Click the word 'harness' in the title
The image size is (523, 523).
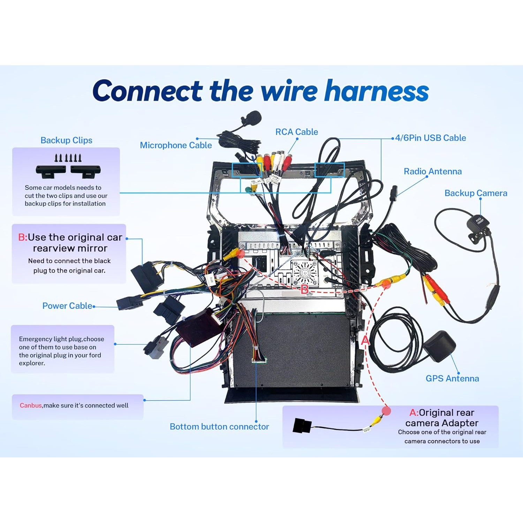[x=377, y=91]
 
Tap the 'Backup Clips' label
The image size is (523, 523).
[x=66, y=140]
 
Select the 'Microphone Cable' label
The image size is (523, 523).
[x=176, y=145]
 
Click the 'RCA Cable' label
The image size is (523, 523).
[x=297, y=132]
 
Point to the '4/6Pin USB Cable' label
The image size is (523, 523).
[x=431, y=138]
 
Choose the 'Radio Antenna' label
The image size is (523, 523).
[x=433, y=171]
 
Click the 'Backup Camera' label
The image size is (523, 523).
[x=476, y=193]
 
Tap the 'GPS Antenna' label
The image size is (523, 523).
[x=452, y=378]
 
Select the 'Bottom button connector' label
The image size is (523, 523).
[x=219, y=426]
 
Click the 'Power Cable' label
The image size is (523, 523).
[x=67, y=306]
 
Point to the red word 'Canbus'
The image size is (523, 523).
[x=31, y=405]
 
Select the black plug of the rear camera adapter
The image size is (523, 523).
[x=302, y=425]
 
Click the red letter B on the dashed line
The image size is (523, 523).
[x=304, y=289]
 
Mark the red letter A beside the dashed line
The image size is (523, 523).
[x=365, y=340]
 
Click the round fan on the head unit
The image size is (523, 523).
[x=304, y=272]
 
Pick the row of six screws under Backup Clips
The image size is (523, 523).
[x=68, y=158]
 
